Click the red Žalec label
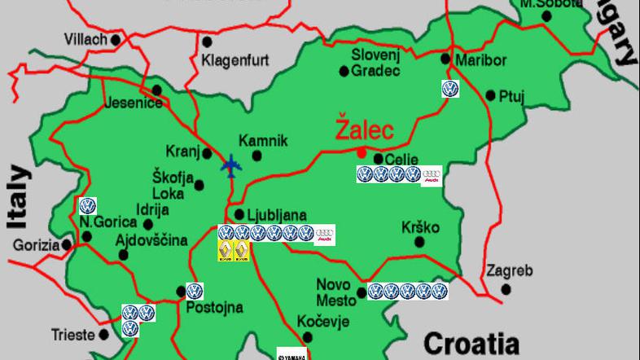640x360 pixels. click(x=365, y=130)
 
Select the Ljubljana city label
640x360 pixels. click(x=277, y=215)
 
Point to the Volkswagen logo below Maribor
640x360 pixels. click(x=449, y=89)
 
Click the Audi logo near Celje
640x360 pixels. click(x=432, y=175)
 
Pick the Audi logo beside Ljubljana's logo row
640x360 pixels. click(x=325, y=235)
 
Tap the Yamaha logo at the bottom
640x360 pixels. click(x=292, y=354)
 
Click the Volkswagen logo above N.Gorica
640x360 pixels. click(x=88, y=206)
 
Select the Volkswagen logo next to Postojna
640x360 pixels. click(x=194, y=291)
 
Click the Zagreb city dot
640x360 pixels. click(x=506, y=288)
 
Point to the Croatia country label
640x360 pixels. click(x=471, y=341)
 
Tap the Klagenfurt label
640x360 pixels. click(x=235, y=60)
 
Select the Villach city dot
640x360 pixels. click(x=116, y=38)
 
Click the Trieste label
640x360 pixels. click(x=73, y=334)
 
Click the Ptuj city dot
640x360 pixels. click(x=490, y=95)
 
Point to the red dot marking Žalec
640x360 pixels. click(x=361, y=151)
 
